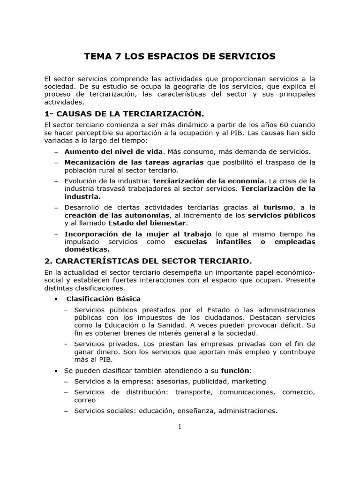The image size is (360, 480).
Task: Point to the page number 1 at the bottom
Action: [x=180, y=426]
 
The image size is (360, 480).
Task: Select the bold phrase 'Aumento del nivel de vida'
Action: [x=114, y=151]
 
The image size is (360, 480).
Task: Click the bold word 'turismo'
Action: [x=278, y=207]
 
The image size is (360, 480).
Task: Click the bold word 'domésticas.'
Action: [x=87, y=249]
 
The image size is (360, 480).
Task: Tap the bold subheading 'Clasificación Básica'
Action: [x=104, y=299]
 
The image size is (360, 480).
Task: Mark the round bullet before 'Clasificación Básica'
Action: [x=56, y=299]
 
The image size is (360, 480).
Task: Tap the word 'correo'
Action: [x=84, y=400]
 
